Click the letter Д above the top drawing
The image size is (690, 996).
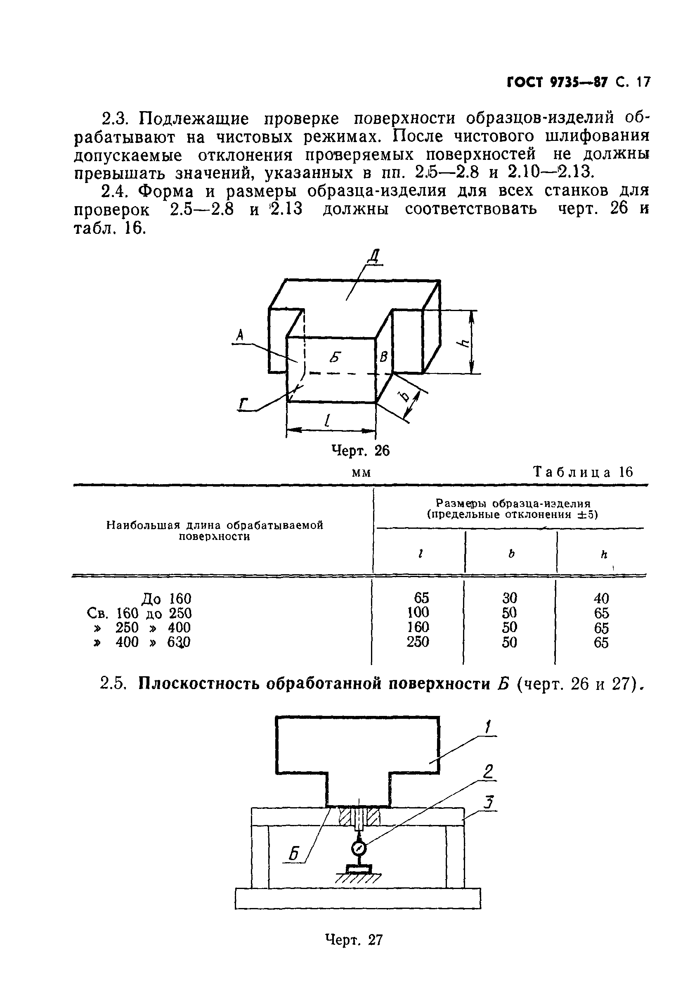[x=373, y=257]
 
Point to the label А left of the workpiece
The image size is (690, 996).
[x=240, y=335]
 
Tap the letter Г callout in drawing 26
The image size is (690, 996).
[x=244, y=404]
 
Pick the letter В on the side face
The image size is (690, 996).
[x=383, y=357]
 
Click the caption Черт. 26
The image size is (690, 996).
[x=360, y=451]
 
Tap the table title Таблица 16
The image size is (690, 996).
[x=583, y=471]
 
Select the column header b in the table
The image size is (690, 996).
[x=511, y=554]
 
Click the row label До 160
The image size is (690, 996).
[x=166, y=599]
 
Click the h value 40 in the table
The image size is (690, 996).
[x=601, y=599]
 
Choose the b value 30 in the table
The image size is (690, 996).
[x=510, y=598]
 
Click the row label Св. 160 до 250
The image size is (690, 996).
[x=139, y=613]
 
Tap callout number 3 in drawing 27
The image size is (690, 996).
[x=489, y=803]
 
